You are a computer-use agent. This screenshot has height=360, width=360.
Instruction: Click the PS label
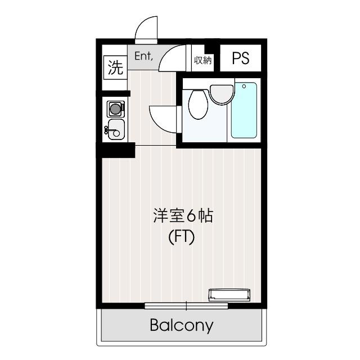(240, 58)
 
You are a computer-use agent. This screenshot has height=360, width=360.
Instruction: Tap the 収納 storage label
(202, 60)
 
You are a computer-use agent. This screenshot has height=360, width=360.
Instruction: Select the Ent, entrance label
(143, 56)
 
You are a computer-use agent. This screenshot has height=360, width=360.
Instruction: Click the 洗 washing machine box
(115, 67)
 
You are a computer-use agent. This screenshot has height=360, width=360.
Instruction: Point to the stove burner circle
(115, 109)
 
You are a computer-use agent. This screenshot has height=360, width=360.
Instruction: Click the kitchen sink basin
(116, 129)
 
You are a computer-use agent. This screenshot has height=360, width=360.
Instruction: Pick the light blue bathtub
(244, 110)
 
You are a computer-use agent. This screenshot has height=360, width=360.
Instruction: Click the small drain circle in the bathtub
(244, 86)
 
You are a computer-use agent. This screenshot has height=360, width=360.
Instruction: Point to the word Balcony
(182, 326)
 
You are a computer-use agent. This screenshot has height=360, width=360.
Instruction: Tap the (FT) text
(181, 237)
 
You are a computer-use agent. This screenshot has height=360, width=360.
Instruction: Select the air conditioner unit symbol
(229, 295)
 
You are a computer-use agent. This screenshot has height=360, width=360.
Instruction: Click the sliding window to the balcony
(186, 306)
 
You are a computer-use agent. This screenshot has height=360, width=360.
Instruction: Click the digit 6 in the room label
(191, 216)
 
